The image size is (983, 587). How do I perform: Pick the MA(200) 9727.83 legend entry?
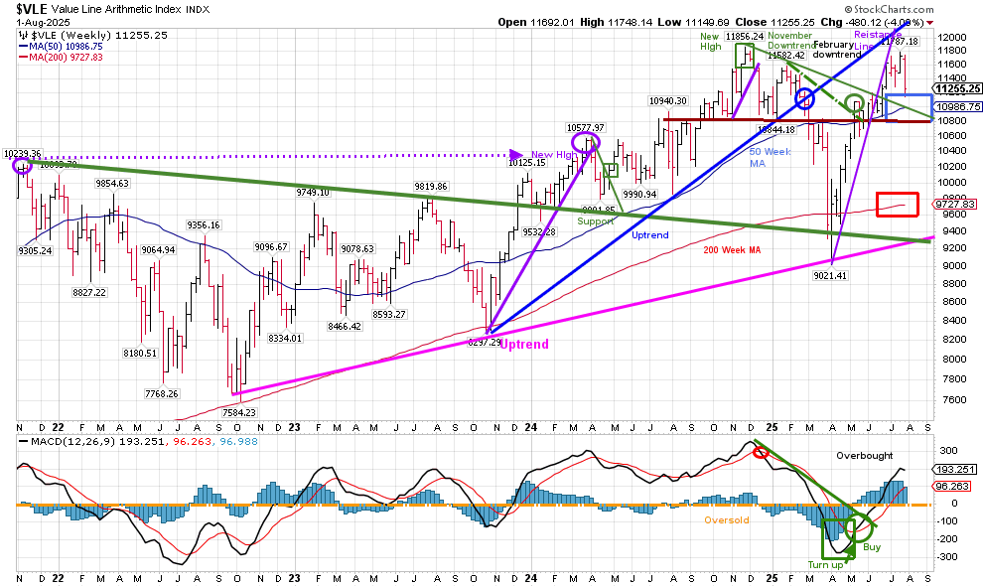click(x=68, y=57)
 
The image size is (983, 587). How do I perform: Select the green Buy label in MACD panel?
click(x=871, y=546)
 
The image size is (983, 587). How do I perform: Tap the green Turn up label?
click(x=824, y=565)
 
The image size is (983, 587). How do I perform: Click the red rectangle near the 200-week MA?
click(x=897, y=204)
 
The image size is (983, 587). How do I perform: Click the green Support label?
click(x=595, y=220)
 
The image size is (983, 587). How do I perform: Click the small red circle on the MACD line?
click(x=760, y=452)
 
